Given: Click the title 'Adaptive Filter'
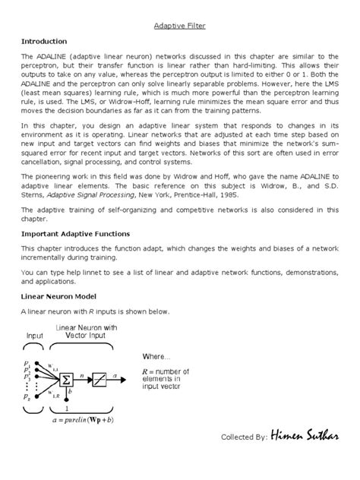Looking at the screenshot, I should point(179,25).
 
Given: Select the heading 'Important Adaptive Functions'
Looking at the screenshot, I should point(76,234).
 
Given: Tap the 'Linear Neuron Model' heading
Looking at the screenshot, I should point(60,296).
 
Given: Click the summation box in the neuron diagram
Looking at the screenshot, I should point(66,377).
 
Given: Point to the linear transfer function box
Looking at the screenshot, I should point(99,377).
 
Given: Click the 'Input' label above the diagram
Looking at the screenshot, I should point(36,335).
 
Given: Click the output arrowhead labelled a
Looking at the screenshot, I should point(123,377).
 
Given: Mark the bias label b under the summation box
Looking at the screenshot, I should point(69,393).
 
